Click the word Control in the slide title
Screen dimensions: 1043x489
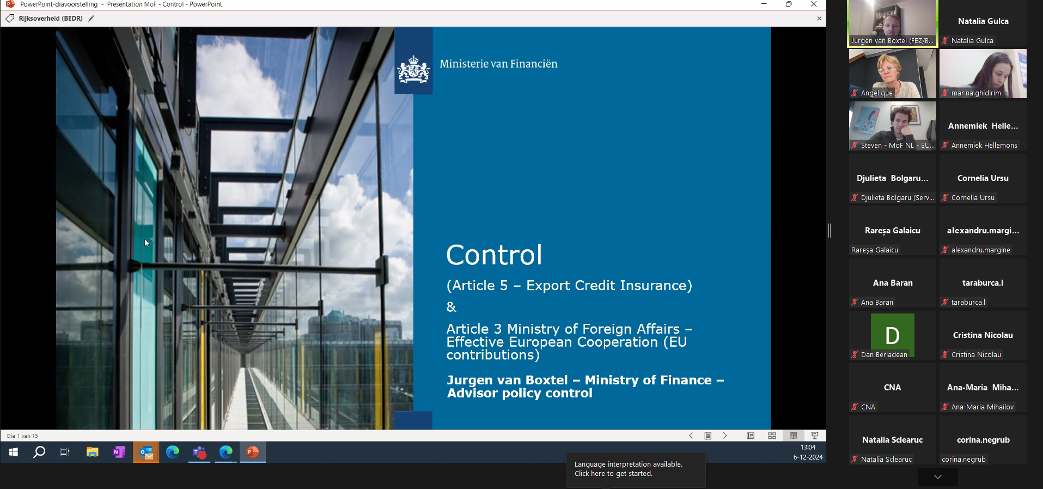(494, 255)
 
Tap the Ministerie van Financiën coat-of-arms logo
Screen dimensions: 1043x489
(413, 70)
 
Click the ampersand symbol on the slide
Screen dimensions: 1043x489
(452, 307)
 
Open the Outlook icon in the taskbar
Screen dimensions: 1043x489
(146, 452)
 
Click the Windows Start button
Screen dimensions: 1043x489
(14, 452)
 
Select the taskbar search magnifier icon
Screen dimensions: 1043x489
(39, 452)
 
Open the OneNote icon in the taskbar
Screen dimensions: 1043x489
(119, 452)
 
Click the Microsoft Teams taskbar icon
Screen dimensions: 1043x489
(199, 452)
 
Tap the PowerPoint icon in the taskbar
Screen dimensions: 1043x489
(252, 452)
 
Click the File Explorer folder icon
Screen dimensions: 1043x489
(92, 452)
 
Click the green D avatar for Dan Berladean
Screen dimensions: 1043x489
(893, 335)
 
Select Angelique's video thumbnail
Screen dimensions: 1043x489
(893, 74)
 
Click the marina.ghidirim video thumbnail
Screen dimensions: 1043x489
(983, 74)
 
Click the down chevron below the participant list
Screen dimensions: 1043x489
(937, 477)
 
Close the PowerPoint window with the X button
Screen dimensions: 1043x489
(814, 4)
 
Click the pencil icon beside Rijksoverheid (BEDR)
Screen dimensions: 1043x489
(91, 19)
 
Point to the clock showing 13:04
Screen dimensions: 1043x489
(808, 447)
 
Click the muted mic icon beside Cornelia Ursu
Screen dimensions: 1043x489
(945, 197)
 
